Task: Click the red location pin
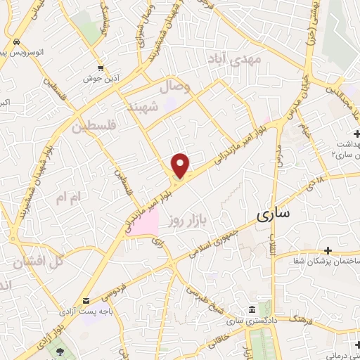tap(181, 165)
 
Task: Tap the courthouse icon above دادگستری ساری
tap(251, 311)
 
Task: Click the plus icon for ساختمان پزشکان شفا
tap(328, 250)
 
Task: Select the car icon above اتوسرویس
tap(15, 41)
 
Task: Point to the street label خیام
tap(305, 129)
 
